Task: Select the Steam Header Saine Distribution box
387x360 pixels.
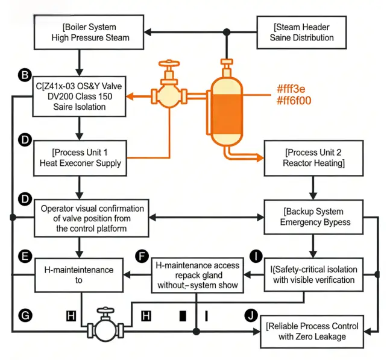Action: pyautogui.click(x=302, y=33)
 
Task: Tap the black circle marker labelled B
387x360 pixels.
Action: pyautogui.click(x=25, y=76)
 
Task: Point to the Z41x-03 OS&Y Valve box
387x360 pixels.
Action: pyautogui.click(x=79, y=96)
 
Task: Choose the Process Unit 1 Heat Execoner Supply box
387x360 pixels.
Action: pyautogui.click(x=80, y=158)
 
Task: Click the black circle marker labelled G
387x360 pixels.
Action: pyautogui.click(x=25, y=315)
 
